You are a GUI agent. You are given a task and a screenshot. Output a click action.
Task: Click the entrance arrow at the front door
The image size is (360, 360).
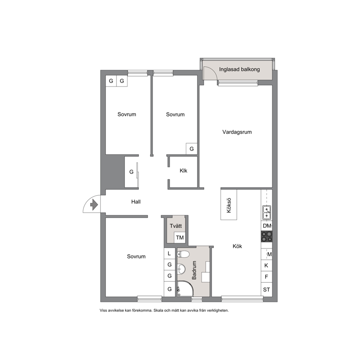coord(94,205)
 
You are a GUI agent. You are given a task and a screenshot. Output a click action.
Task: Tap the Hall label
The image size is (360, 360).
coord(136,202)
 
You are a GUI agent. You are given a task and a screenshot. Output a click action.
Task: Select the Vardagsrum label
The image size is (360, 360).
coord(237,132)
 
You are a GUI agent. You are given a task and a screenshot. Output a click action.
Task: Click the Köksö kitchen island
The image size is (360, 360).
coord(229,205)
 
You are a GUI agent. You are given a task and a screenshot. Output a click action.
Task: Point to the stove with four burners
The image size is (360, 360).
coord(267,237)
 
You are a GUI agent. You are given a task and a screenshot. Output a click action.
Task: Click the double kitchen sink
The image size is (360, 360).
coord(267,212)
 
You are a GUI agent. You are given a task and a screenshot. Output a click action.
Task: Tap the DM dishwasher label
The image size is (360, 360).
coord(267,226)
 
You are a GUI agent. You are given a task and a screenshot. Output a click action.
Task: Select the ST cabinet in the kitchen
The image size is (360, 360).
coord(267,290)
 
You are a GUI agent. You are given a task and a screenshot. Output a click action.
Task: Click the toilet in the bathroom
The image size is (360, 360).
coord(183,254)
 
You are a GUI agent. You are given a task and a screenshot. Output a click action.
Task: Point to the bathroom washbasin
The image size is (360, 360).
coord(181,269)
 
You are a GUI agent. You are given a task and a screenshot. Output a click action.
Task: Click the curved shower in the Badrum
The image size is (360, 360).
coord(185,288)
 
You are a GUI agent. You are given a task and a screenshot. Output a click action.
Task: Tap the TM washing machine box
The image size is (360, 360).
coord(180,237)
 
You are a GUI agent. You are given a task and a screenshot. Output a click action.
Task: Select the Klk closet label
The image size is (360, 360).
coord(183,171)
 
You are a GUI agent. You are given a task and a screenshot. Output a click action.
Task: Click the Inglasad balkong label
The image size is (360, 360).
coord(240,69)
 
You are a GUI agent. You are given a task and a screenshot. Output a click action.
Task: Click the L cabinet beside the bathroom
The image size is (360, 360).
coord(169,253)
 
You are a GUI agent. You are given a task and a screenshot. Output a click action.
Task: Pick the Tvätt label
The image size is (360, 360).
coord(176,226)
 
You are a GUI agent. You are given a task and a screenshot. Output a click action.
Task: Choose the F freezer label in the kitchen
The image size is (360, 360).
coord(266,277)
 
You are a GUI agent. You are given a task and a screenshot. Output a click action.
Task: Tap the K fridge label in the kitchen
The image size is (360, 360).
coord(266,265)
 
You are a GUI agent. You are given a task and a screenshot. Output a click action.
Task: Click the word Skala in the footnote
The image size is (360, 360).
coord(158,310)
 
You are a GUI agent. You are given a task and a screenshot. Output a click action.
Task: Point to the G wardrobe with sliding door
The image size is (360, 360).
coord(131,172)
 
